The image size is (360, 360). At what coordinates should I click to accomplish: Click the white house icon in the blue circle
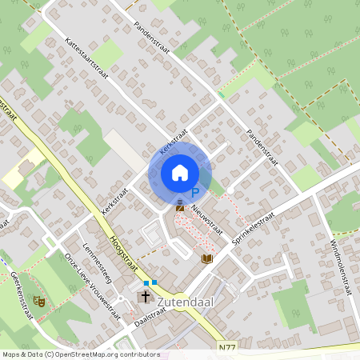tap(179, 173)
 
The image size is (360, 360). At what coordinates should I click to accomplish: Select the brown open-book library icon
tap(207, 258)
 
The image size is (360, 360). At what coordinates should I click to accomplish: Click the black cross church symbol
tap(146, 297)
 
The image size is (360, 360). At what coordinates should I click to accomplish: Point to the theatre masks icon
tap(38, 301)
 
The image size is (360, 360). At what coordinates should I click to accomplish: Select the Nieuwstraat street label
tap(210, 217)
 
